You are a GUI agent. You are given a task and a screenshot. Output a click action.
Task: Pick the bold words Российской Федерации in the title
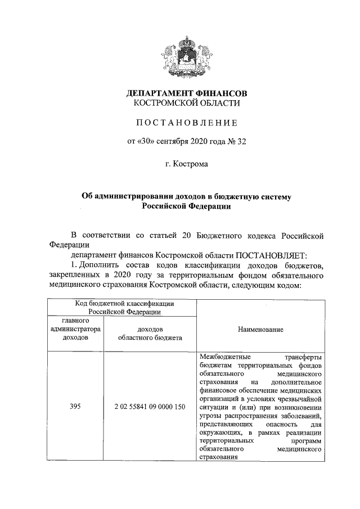(186, 206)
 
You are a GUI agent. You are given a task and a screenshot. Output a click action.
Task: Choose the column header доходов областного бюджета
(150, 334)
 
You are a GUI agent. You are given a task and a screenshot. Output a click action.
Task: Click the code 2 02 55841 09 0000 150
(150, 406)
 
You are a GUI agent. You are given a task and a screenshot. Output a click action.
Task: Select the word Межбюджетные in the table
(223, 357)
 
